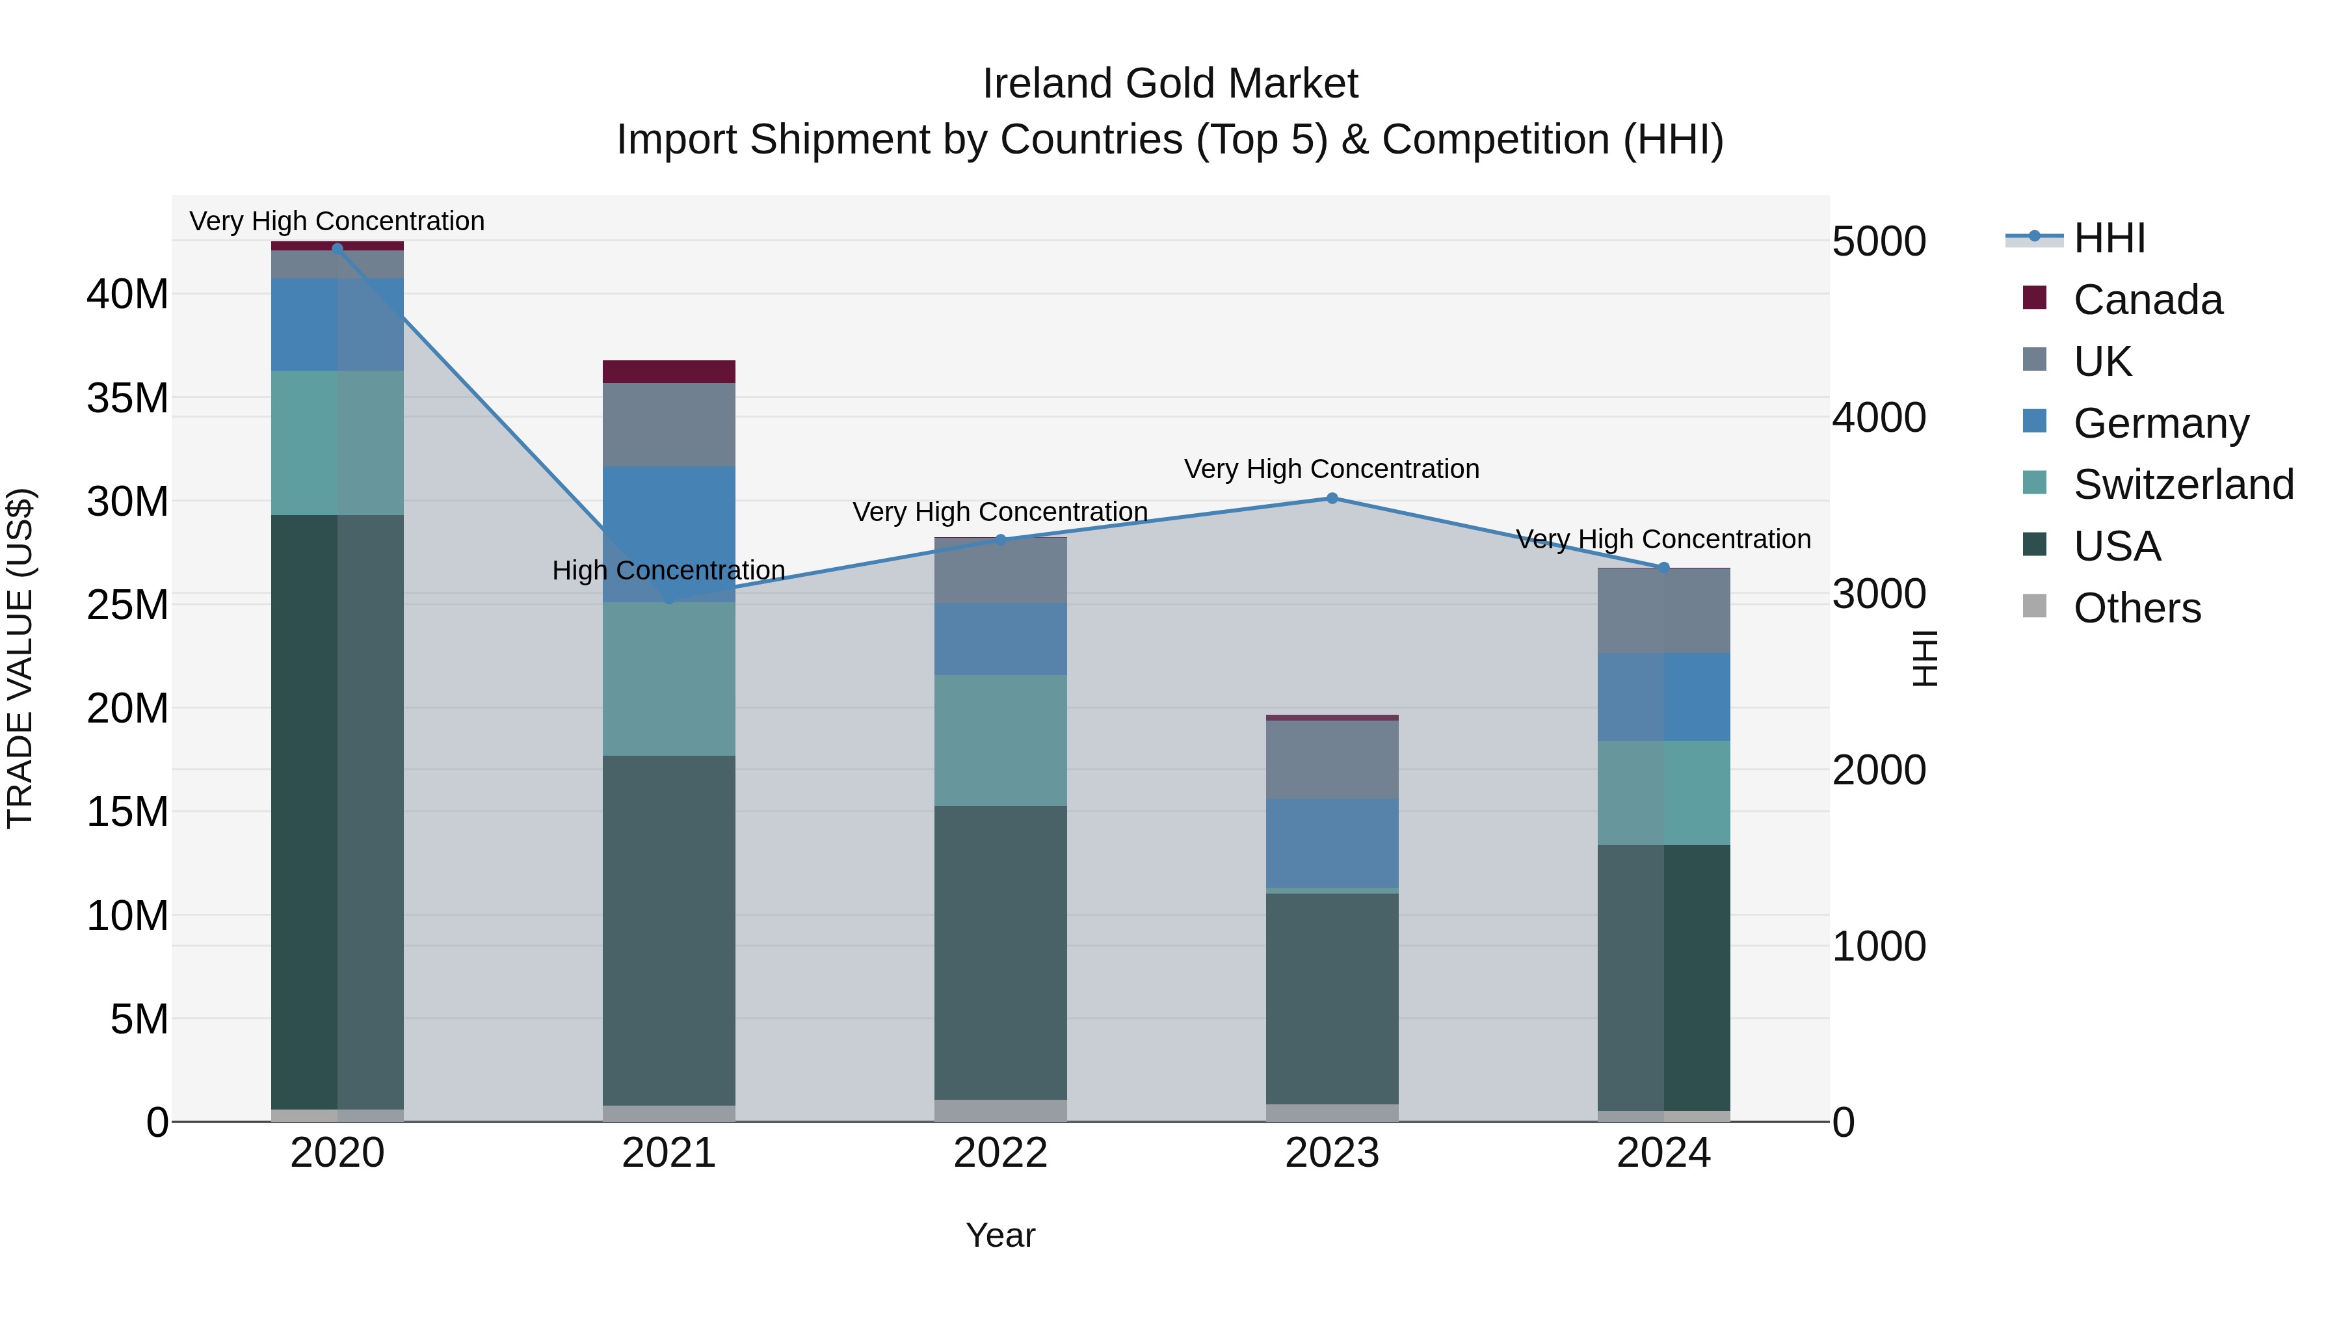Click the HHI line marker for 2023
1332,498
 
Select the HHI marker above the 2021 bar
670,600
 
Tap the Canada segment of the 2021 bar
669,372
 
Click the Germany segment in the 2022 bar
1001,639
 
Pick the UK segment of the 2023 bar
1332,760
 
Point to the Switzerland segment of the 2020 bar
337,443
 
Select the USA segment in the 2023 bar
1332,998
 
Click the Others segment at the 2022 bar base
1001,1111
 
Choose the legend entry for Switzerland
2181,485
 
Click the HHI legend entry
2108,238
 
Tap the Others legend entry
2136,608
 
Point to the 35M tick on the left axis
127,398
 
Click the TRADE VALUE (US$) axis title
20,658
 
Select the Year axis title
1001,1235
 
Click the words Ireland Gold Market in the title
1170,84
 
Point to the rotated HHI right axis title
1925,658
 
